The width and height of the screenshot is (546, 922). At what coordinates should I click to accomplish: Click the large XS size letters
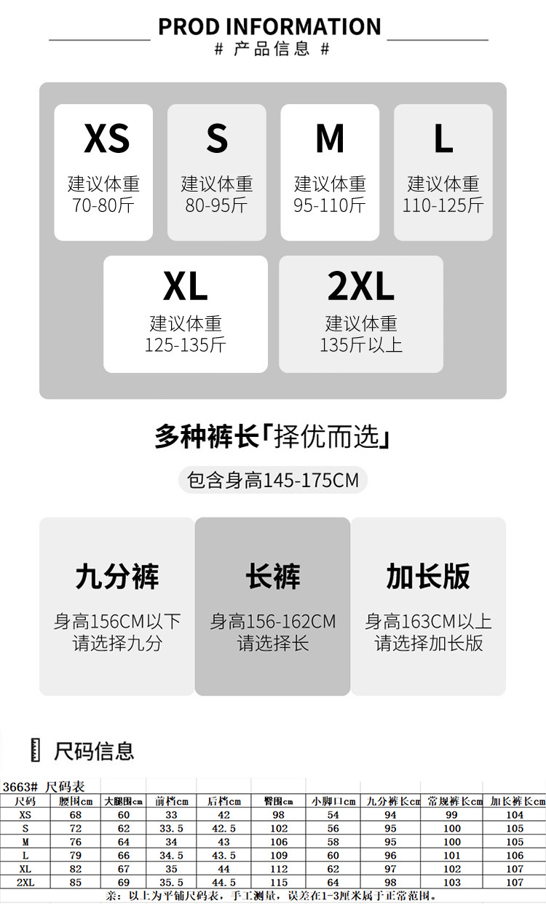(106, 138)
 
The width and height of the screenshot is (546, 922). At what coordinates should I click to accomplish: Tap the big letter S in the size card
(217, 138)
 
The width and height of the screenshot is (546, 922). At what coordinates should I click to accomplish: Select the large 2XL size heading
(360, 287)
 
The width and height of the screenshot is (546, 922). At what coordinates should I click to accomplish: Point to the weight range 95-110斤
(330, 205)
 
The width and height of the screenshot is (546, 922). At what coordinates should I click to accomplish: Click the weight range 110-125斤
(443, 205)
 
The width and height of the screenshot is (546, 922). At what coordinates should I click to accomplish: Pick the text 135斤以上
(360, 344)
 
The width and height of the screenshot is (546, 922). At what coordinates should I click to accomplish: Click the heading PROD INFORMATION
(269, 27)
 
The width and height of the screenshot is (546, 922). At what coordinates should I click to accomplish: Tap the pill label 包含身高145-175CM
(273, 481)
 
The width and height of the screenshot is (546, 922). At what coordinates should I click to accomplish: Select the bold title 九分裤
(116, 576)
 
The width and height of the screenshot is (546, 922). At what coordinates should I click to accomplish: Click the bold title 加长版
(428, 576)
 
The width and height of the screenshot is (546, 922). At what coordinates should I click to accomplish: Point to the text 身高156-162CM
(273, 622)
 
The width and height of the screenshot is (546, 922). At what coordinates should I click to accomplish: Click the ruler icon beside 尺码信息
(35, 749)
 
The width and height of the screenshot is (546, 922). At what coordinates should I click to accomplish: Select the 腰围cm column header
(76, 801)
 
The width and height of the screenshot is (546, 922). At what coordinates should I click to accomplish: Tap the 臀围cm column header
(278, 801)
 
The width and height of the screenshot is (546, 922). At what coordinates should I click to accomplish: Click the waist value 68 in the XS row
(76, 815)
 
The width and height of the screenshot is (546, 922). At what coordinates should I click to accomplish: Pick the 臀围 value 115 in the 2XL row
(278, 882)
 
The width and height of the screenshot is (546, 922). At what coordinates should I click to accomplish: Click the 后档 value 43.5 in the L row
(223, 855)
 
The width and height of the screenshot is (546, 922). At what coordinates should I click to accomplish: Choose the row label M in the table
(25, 842)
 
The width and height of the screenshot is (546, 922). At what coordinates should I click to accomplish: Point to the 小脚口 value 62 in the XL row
(333, 869)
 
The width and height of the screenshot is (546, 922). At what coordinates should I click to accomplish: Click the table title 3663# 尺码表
(44, 787)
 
